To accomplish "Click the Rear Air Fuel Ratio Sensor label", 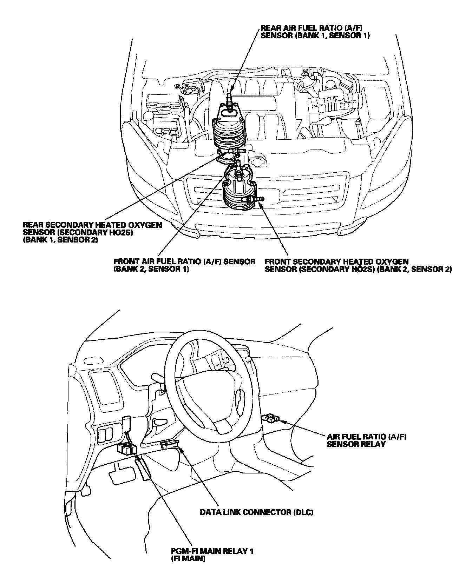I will pyautogui.click(x=315, y=32).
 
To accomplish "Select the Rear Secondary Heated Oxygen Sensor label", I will pyautogui.click(x=92, y=232).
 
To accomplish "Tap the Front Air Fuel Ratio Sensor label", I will pyautogui.click(x=184, y=265).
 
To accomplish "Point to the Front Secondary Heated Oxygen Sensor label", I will pyautogui.click(x=358, y=265).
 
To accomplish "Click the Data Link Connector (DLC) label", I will pyautogui.click(x=256, y=512).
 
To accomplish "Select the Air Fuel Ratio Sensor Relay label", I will pyautogui.click(x=367, y=440).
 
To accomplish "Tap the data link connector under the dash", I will pyautogui.click(x=169, y=445).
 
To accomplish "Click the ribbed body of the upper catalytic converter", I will pyautogui.click(x=228, y=133).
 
